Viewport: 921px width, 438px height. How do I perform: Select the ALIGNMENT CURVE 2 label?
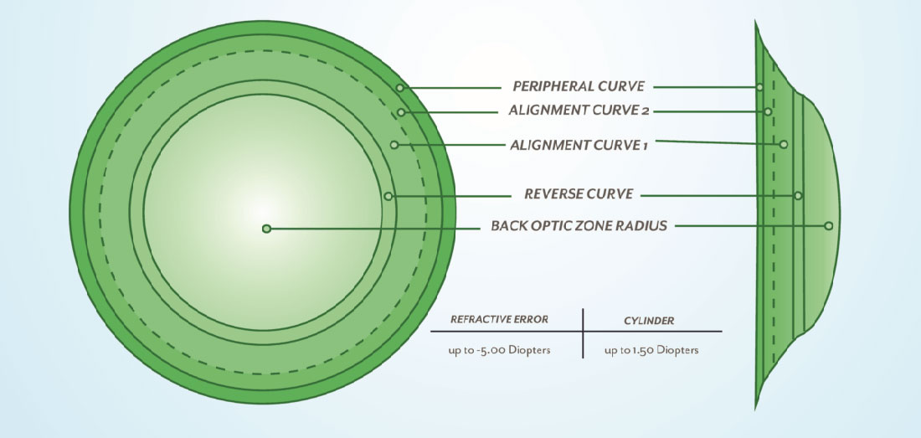point(579,111)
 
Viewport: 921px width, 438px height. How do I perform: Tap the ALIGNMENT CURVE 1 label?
point(579,144)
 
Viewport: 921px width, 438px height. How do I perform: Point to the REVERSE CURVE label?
point(579,194)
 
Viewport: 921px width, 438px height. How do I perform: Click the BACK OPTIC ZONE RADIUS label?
point(579,225)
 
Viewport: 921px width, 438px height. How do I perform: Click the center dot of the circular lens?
point(266,228)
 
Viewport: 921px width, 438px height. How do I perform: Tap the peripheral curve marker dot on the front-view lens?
point(400,87)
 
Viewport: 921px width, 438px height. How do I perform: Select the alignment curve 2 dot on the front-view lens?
point(402,111)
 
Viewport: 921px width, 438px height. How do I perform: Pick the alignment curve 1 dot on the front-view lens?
point(394,144)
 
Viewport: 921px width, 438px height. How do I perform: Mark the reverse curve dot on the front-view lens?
point(388,196)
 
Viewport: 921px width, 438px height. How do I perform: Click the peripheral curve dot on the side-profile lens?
point(759,86)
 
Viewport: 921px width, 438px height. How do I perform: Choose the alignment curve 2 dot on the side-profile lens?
point(768,111)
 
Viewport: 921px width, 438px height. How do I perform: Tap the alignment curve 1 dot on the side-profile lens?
point(784,144)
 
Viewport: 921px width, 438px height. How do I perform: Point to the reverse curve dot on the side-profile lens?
point(798,195)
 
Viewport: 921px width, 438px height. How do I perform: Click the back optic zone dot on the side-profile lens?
point(828,225)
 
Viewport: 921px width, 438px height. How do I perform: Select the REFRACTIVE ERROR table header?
point(500,319)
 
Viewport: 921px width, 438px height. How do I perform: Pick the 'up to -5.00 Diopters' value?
point(499,350)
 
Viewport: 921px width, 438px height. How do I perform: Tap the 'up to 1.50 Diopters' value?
point(651,350)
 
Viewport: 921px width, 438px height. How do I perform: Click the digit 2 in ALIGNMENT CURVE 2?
point(645,111)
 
